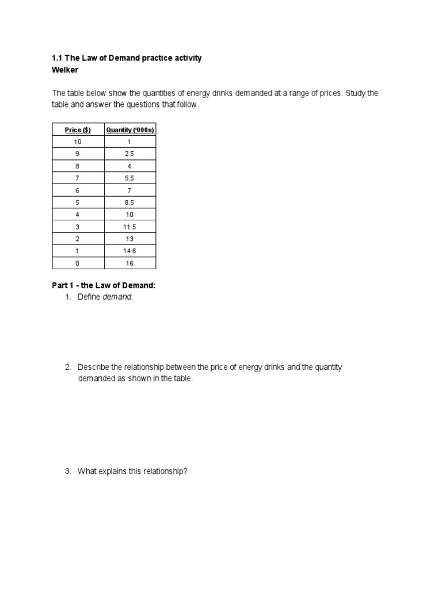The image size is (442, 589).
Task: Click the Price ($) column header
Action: (x=78, y=130)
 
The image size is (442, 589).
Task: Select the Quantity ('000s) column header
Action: (x=130, y=130)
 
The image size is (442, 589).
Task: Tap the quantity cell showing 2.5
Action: (x=130, y=154)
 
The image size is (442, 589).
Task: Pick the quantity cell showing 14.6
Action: (x=130, y=251)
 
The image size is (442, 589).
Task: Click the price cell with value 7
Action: (x=78, y=178)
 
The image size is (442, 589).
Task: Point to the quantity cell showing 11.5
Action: (x=130, y=227)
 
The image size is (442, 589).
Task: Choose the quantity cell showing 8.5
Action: (x=130, y=202)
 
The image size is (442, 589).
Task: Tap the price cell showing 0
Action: (x=78, y=263)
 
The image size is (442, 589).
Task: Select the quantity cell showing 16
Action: (x=130, y=263)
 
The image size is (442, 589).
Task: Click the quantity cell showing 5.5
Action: (x=130, y=178)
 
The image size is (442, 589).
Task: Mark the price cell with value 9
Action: (x=78, y=154)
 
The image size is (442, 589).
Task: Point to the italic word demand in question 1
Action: (x=117, y=297)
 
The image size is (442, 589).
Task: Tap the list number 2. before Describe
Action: (x=68, y=367)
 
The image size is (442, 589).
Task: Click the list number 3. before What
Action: (x=68, y=472)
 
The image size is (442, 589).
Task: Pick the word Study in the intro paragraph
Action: (x=356, y=93)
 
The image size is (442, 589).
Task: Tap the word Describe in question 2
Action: (x=93, y=367)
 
